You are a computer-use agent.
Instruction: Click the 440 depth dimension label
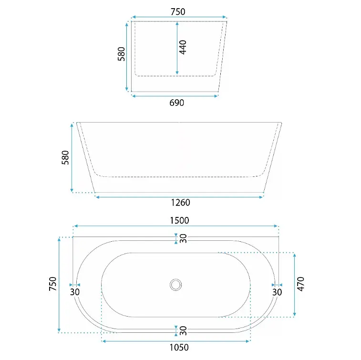point(183,47)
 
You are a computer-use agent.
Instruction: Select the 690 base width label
point(176,103)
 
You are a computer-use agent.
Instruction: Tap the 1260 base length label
point(180,203)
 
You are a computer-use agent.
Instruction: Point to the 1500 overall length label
point(180,220)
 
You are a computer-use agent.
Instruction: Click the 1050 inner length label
point(179,347)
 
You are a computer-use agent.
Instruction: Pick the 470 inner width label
point(301,284)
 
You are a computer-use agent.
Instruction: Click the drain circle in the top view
point(175,285)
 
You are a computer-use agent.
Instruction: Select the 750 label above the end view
point(178,12)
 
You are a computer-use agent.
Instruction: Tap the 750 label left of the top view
point(53,284)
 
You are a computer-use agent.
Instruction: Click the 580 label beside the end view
point(121,54)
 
